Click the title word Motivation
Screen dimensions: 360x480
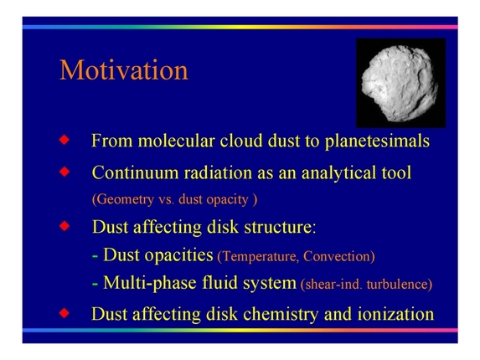pos(124,70)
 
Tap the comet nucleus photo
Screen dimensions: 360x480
pos(399,81)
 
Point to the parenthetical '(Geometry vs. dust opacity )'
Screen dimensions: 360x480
pos(173,200)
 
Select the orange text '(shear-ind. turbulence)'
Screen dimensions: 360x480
pos(365,285)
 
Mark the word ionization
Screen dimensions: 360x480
pos(390,315)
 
